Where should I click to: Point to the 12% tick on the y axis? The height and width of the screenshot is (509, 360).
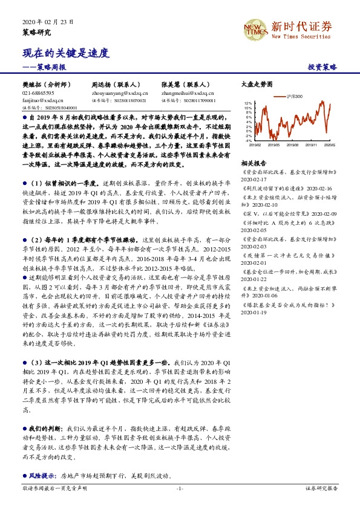point(248,103)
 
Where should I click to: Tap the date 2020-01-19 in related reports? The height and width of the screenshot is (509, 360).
point(254,313)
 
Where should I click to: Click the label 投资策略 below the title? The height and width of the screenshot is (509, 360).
point(322,67)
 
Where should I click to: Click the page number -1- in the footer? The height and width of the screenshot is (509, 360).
point(180,488)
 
